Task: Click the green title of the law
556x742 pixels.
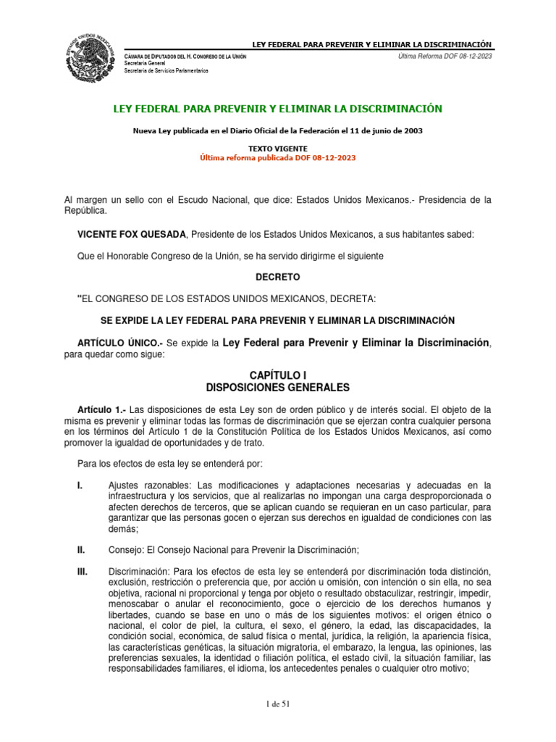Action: point(277,109)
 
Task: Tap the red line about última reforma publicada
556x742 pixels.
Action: point(277,157)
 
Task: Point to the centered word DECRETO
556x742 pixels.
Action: point(277,277)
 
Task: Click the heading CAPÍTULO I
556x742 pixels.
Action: point(277,375)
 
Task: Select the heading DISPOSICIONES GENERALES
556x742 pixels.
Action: point(277,387)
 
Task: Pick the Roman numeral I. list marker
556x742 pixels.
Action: point(80,485)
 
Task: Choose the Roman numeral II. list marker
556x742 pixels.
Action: point(82,549)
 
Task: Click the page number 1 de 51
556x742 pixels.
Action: point(277,703)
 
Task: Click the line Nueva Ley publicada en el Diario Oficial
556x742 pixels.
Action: point(277,131)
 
